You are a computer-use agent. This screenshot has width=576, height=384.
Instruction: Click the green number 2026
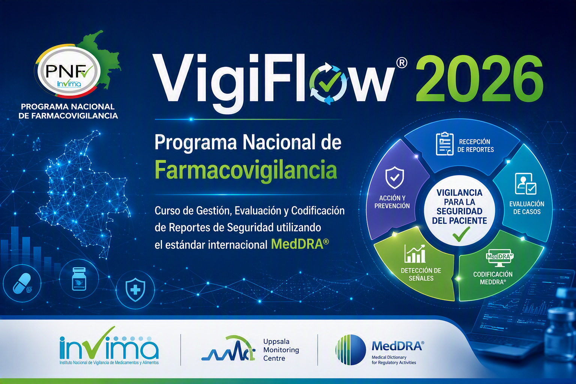(x=480, y=78)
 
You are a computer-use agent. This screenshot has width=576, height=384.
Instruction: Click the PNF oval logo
(x=68, y=71)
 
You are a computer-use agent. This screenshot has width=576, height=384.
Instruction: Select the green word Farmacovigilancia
(x=246, y=170)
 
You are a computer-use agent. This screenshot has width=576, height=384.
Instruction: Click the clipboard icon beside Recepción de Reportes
(x=445, y=144)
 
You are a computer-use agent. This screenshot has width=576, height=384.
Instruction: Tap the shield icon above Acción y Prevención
(x=394, y=177)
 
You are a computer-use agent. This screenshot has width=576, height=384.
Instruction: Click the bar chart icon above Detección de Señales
(x=414, y=253)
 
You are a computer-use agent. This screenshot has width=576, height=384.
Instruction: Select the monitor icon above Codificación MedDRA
(x=499, y=258)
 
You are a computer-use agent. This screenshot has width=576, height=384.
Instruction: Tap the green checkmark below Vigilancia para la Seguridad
(x=461, y=234)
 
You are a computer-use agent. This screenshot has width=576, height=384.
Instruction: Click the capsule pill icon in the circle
(x=22, y=283)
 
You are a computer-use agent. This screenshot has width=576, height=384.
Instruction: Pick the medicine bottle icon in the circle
(x=79, y=279)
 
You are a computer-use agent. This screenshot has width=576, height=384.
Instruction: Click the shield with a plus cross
(x=135, y=289)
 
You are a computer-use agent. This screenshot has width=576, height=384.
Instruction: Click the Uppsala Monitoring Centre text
(x=281, y=350)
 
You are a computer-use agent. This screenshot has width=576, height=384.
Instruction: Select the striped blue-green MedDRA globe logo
(x=351, y=350)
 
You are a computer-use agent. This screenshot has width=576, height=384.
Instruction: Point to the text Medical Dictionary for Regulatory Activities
(x=394, y=360)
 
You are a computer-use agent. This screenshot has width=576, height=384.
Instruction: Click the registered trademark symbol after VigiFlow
(x=402, y=63)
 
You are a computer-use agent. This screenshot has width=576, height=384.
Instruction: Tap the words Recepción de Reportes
(x=475, y=145)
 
